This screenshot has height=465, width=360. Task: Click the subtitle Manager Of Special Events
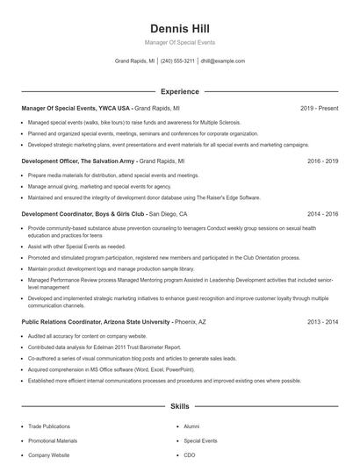[179, 42]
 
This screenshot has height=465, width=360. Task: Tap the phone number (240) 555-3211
[178, 61]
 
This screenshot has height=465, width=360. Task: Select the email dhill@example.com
[223, 61]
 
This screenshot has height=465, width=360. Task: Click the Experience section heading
[179, 91]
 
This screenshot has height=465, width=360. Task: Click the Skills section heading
[179, 407]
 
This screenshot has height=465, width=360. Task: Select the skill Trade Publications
[48, 426]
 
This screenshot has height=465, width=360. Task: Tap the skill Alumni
[191, 426]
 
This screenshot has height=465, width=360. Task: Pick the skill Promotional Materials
[53, 440]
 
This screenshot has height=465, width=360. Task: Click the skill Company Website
[48, 455]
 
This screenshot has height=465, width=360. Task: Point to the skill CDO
[190, 455]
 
